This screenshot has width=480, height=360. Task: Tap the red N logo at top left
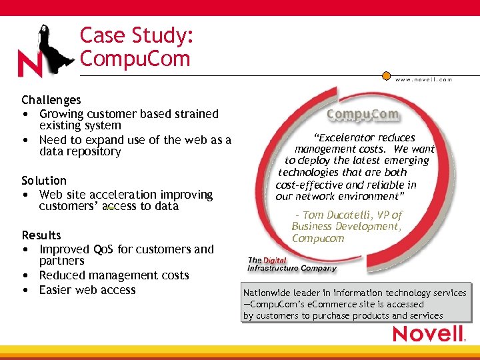[x=29, y=65]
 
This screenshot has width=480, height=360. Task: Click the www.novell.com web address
[x=424, y=79]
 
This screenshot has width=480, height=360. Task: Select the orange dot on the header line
[x=386, y=76]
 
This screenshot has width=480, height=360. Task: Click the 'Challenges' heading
[x=51, y=100]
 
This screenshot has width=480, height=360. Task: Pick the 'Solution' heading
[x=44, y=181]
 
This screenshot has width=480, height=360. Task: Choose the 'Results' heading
[x=41, y=235]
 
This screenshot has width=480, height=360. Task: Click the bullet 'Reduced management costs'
[x=114, y=275]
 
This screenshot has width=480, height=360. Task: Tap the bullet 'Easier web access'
[x=87, y=290]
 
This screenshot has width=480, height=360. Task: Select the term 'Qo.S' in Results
[x=103, y=249]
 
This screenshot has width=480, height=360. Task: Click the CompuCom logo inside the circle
[x=363, y=114]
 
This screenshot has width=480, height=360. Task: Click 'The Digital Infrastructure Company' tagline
[x=291, y=264]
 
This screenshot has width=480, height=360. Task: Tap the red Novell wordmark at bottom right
[x=427, y=334]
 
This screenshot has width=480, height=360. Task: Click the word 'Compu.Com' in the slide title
[x=135, y=59]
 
